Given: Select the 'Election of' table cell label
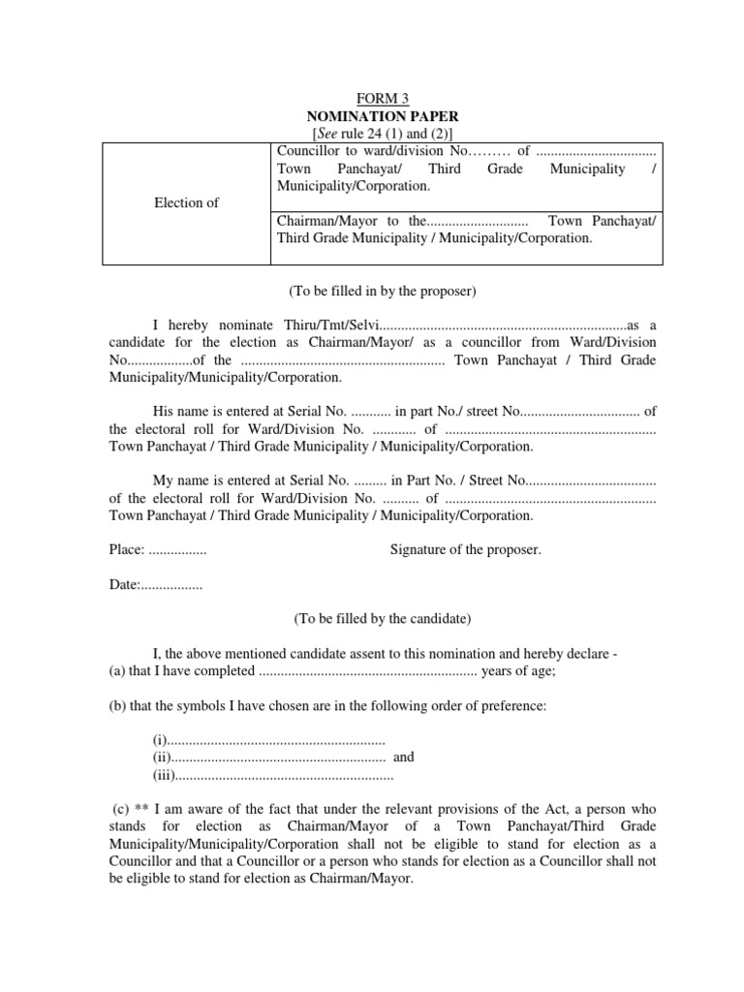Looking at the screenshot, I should click(187, 202).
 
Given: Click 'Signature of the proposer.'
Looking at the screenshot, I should click(466, 550).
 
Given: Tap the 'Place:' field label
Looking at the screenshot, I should click(127, 550).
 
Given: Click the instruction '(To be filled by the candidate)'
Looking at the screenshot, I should click(383, 617).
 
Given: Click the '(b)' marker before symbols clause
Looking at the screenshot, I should click(119, 706).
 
